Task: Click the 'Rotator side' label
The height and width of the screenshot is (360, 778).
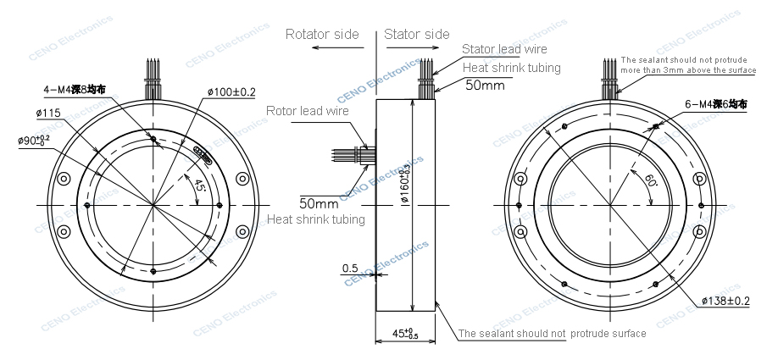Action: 322,35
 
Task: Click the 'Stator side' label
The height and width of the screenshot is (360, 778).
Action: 416,35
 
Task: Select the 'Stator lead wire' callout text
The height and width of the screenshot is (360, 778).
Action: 505,50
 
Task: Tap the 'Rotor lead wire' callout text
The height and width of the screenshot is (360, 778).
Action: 308,111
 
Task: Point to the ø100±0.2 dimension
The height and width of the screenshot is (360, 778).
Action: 231,91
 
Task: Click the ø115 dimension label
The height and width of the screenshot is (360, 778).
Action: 48,113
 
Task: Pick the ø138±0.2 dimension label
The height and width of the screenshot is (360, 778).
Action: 725,301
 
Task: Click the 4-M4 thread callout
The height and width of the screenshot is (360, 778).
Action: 71,88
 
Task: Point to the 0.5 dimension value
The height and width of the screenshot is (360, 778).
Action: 349,269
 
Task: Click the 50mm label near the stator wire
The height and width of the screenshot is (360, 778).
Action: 485,86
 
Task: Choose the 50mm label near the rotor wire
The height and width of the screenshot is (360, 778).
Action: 319,203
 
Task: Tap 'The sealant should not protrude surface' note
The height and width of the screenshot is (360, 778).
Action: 553,334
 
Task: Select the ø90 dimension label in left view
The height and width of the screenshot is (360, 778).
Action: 34,140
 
